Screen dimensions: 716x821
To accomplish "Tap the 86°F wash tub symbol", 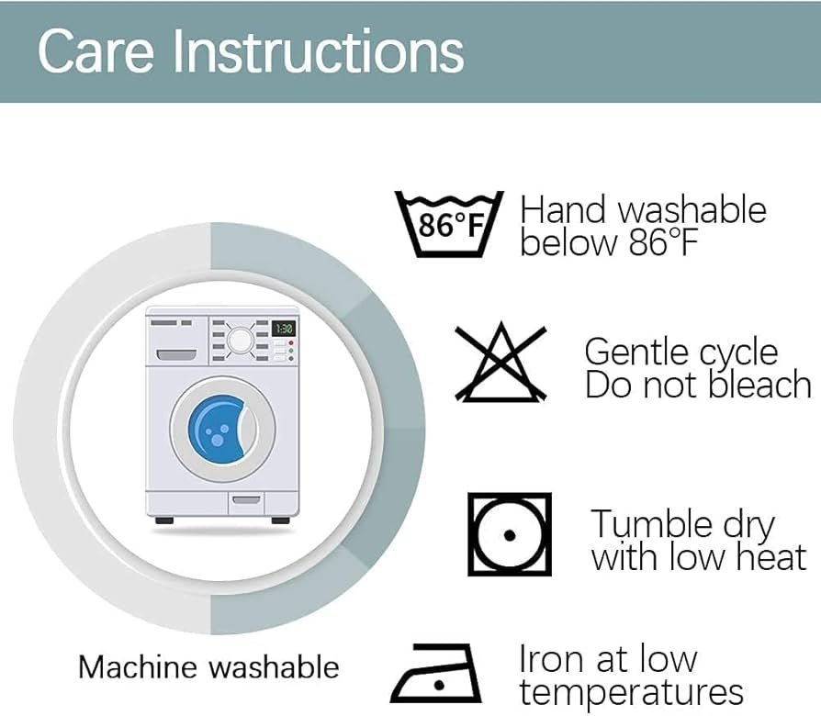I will pos(449,223).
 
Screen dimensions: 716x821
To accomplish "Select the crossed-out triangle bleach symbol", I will pos(501,364).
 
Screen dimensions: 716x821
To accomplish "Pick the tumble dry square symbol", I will pos(510,534).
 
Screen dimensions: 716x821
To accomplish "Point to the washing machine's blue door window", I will pos(221,425).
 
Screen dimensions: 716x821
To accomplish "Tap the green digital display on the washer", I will pos(283,328).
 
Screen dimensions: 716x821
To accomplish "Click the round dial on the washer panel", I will pos(241,340).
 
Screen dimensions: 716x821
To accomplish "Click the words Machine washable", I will pos(208,667).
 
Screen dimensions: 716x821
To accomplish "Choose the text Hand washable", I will pos(643,210).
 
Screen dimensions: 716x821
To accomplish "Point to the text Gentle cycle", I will pos(680,352).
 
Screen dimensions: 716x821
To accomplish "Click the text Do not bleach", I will pos(698,386).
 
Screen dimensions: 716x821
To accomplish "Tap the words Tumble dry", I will pos(682,525).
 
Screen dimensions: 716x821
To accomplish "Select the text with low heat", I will pos(699,558).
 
